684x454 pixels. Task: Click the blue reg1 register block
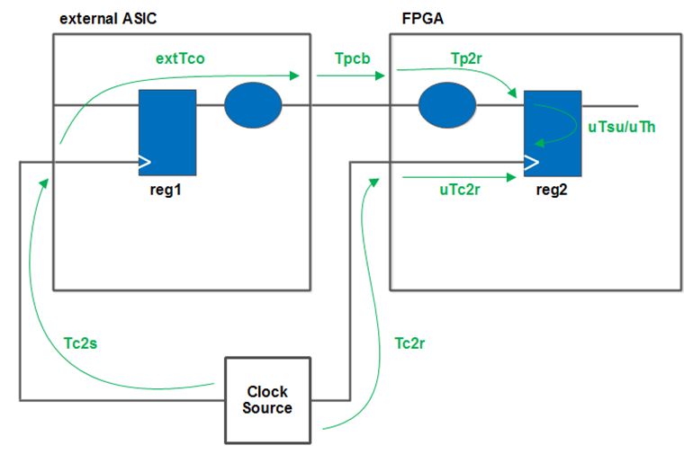pos(166,133)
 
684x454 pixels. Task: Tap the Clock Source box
pos(266,400)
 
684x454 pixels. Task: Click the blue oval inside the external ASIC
pos(253,105)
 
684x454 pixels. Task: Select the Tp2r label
pos(467,57)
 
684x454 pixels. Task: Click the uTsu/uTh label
pos(621,127)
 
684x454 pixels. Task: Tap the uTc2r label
pos(459,192)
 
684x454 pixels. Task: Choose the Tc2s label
pos(82,343)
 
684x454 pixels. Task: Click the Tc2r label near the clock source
pos(413,343)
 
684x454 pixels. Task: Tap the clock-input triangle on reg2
pos(531,163)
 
